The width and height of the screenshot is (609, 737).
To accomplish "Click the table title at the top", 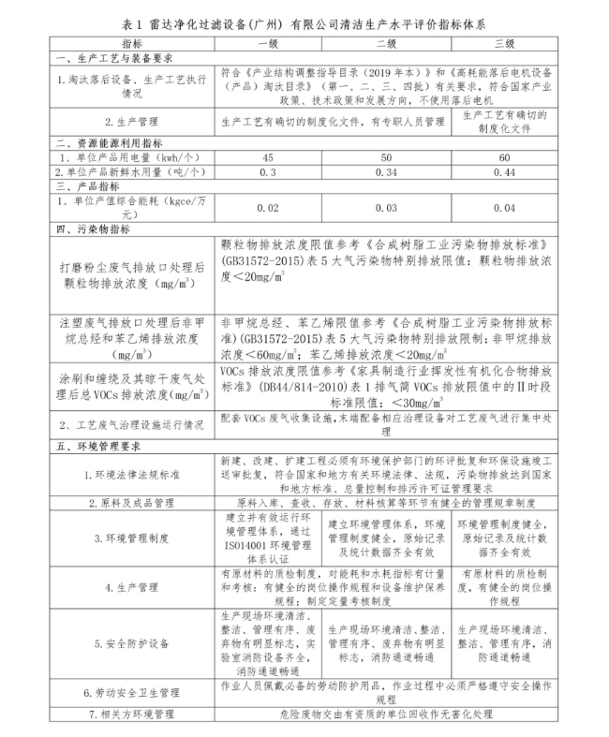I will coord(304,21).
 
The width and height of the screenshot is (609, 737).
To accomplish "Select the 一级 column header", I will coord(268,43).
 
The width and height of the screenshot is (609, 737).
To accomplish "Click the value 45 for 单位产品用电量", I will coord(268,156).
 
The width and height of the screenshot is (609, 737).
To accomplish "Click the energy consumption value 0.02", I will coord(268,207).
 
